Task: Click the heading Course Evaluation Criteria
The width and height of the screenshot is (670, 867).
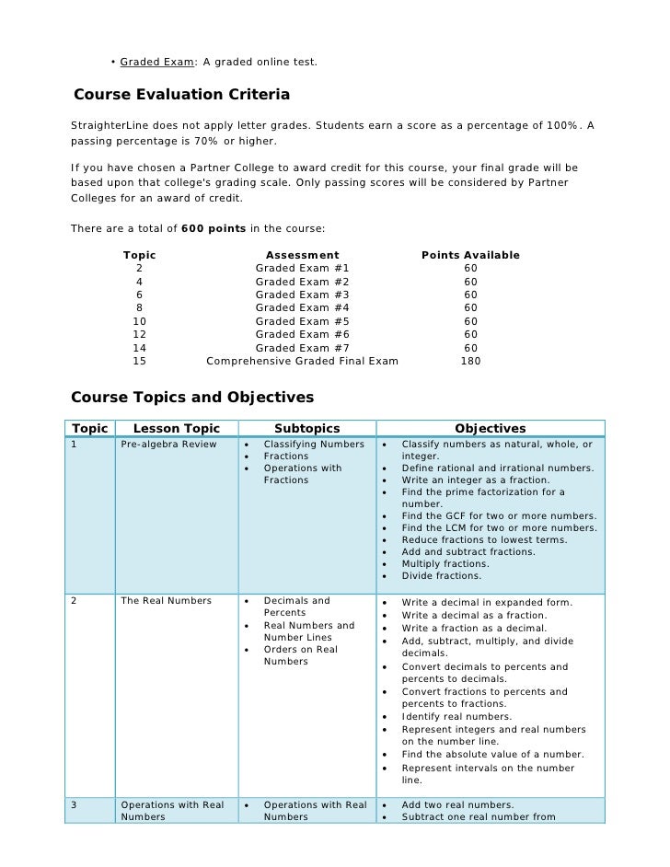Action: (x=181, y=95)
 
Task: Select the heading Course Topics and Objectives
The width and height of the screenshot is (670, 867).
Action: (x=192, y=398)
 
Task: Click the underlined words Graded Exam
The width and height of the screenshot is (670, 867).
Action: (x=157, y=62)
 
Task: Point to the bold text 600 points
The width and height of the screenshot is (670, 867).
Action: (x=214, y=228)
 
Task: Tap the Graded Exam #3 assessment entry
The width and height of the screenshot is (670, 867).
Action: (x=302, y=295)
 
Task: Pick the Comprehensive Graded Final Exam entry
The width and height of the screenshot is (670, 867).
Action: (x=302, y=361)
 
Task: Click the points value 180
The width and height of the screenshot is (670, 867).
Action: (x=470, y=361)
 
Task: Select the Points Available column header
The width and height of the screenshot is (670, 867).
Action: (x=470, y=255)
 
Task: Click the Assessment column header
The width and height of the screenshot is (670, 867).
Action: (x=302, y=255)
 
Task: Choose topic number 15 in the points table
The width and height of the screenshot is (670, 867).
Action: (x=140, y=361)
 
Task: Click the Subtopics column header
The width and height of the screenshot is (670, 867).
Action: (x=306, y=428)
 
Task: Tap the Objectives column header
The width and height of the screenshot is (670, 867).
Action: (x=491, y=428)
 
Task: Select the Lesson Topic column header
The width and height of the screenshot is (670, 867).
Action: (x=177, y=428)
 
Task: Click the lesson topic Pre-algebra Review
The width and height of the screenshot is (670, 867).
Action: (x=168, y=445)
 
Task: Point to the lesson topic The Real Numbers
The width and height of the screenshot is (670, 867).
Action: (x=166, y=601)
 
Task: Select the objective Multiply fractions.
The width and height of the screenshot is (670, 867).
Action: (x=445, y=563)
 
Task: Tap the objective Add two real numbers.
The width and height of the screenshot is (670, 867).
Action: (x=457, y=804)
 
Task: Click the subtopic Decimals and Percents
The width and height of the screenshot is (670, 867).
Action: (x=296, y=607)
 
